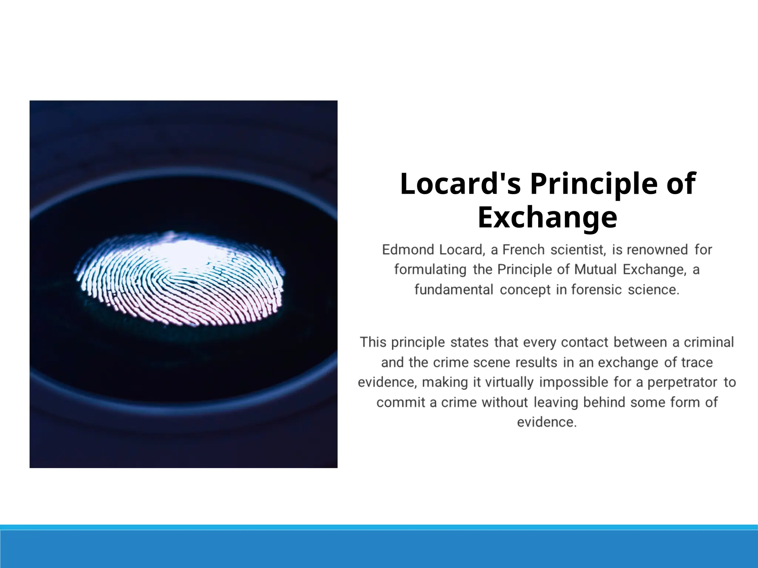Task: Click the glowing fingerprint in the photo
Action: [180, 278]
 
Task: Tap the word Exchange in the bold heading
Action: [547, 217]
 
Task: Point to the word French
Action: [523, 250]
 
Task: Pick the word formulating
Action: [430, 270]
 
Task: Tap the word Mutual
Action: [595, 270]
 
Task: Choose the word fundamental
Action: [454, 290]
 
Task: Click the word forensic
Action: [596, 290]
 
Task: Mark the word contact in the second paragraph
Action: [584, 342]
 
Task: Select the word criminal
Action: [708, 342]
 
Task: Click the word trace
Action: [697, 362]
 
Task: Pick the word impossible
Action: [573, 382]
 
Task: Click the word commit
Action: [400, 402]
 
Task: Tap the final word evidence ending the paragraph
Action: [546, 422]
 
